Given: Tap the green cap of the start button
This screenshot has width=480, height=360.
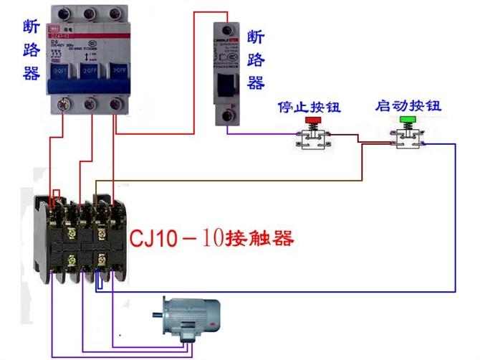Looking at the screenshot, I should click(408, 119).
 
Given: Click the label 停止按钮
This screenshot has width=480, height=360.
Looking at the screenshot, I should click(309, 108).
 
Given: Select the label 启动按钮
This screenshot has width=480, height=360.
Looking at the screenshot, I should click(408, 106).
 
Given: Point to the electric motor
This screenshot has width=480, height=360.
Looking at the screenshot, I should click(188, 316).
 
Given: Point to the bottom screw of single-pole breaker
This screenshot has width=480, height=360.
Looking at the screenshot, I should click(229, 114).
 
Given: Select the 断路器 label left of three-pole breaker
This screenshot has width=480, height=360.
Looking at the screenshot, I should click(32, 50).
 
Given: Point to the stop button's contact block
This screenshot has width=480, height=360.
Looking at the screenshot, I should click(313, 141).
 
